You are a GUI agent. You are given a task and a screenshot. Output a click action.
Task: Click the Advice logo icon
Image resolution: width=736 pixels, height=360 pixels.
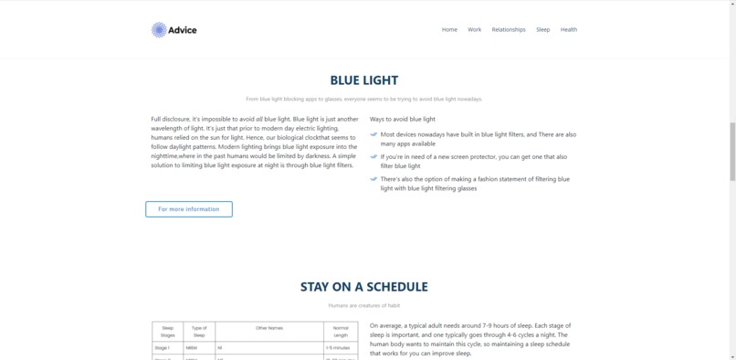[x=159, y=30]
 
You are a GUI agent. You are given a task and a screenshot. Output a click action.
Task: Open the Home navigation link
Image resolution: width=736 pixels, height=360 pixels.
[x=449, y=29]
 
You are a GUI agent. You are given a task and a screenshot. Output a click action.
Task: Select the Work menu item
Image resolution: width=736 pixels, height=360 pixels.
[x=475, y=29]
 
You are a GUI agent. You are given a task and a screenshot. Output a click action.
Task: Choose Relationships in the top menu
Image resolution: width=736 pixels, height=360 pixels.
[x=509, y=29]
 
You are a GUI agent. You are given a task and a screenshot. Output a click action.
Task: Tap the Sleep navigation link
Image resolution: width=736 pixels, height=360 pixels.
[x=543, y=29]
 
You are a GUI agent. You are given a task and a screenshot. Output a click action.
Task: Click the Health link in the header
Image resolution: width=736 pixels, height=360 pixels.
[x=569, y=29]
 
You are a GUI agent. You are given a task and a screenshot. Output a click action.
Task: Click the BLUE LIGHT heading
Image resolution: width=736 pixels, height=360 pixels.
[x=364, y=80]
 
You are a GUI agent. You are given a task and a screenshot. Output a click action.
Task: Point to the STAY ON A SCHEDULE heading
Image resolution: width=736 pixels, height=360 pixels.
[x=364, y=287]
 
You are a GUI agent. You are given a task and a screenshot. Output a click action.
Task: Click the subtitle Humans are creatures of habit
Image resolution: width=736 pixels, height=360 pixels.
[x=364, y=305]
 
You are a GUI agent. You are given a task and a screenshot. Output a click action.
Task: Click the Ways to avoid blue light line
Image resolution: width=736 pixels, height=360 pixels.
[x=403, y=119]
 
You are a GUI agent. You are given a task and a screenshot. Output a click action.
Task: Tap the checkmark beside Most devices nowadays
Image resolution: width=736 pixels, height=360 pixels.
[x=373, y=134]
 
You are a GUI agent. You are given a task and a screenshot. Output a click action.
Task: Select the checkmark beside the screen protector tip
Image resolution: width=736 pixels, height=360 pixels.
[x=373, y=156]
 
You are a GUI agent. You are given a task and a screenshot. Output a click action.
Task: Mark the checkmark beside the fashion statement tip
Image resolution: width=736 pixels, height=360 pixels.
[x=373, y=179]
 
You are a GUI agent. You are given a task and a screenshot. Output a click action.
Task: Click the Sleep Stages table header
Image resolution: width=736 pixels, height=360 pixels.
[x=167, y=331]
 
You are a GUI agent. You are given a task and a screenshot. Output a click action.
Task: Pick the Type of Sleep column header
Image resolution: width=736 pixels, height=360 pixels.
[x=199, y=331]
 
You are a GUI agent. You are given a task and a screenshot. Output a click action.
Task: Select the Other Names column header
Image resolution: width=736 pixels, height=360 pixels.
[x=269, y=327]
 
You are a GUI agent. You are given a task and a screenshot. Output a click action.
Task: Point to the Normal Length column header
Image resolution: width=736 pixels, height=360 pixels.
[x=341, y=331]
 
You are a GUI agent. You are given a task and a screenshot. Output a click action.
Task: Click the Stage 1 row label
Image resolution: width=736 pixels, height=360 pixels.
[x=163, y=348]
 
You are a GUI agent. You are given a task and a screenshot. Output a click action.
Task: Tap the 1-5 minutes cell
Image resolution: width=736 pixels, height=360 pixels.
[x=338, y=348]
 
